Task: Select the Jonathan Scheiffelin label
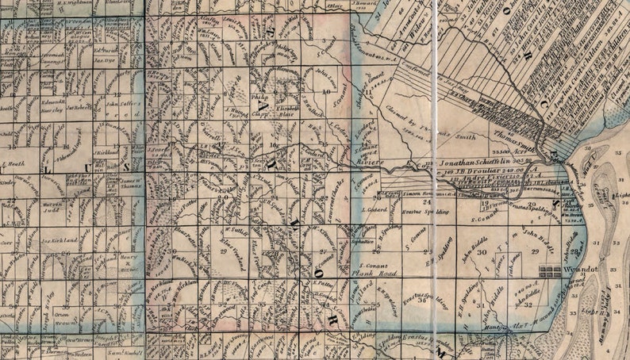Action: click(x=475, y=160)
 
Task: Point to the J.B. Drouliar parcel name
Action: click(x=466, y=169)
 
